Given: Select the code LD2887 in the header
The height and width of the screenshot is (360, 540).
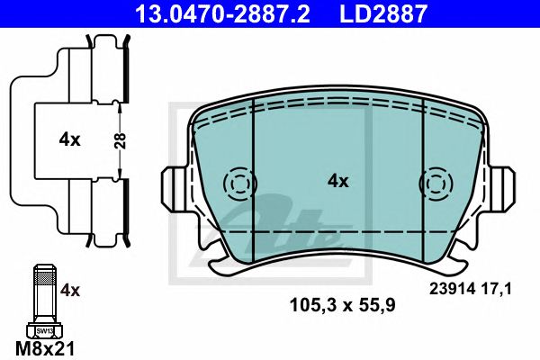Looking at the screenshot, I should click(376, 13).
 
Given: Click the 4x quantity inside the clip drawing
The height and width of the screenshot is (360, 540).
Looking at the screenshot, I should click(69, 139).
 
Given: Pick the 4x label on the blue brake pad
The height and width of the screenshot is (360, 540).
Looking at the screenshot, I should click(337, 181).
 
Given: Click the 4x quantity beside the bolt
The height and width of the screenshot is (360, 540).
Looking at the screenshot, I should click(70, 290).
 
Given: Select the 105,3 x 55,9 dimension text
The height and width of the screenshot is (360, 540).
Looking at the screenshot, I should click(341, 304).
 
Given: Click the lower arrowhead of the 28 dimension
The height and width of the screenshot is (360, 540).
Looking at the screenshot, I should click(121, 175).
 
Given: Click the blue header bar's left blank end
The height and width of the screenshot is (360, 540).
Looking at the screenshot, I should click(54, 13).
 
